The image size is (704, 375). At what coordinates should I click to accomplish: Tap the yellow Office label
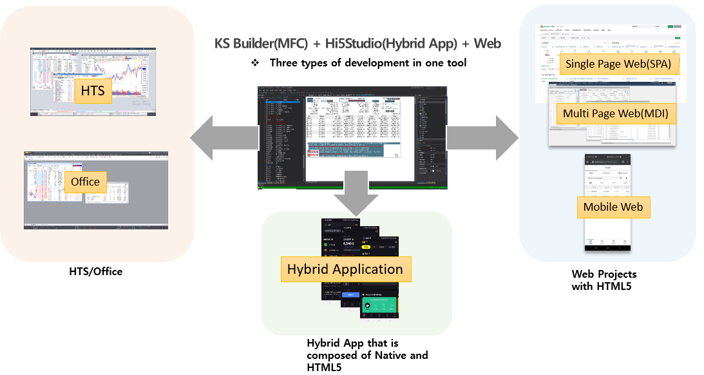85,182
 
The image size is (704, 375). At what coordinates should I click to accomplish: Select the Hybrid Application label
345,269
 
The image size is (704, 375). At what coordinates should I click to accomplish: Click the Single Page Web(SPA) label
617,64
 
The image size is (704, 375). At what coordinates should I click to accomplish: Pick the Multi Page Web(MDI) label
615,114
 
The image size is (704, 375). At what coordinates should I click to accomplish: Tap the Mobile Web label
613,207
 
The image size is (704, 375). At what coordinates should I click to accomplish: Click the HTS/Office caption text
95,272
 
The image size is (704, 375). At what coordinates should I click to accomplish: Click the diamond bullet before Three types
255,63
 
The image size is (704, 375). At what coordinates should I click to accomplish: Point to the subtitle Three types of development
368,63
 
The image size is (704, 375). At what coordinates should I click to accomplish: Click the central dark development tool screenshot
352,137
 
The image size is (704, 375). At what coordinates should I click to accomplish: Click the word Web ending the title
488,44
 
